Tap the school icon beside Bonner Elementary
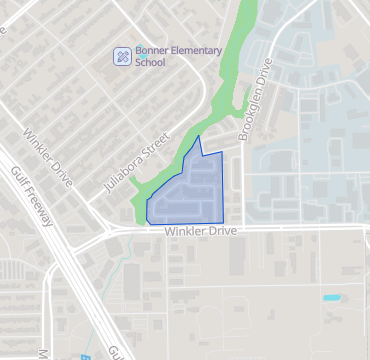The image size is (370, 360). point(122,55)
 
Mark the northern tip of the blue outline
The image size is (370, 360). point(200,136)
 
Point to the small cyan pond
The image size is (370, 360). point(331,297)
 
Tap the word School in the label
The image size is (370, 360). point(150,61)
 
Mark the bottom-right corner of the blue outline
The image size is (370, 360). point(223,221)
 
